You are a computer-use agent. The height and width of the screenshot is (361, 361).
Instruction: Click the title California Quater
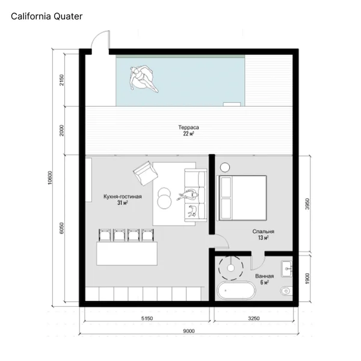[46, 16]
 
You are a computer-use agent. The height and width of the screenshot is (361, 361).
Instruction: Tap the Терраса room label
[188, 128]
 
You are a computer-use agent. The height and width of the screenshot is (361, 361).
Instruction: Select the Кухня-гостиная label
[123, 197]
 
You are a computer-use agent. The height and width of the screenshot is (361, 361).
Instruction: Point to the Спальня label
[263, 232]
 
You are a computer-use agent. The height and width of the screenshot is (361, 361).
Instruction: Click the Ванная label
[264, 276]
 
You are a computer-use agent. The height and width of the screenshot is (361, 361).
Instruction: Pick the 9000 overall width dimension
[189, 331]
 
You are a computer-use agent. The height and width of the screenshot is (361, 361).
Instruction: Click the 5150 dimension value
[147, 318]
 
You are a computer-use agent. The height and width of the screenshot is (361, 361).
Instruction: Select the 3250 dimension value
[254, 318]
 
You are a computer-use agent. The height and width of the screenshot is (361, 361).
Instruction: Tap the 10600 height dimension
[50, 177]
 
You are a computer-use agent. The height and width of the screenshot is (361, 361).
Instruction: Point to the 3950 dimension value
[307, 204]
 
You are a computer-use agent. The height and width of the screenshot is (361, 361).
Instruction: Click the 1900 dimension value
[307, 279]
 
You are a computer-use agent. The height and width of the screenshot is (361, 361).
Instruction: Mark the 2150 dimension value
[62, 80]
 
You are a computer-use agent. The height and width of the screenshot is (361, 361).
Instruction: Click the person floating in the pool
[143, 78]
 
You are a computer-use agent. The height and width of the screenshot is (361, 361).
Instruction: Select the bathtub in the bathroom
[236, 290]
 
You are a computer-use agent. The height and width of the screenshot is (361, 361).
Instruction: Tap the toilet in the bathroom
[286, 291]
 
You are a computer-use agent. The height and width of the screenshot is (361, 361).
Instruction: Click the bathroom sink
[286, 269]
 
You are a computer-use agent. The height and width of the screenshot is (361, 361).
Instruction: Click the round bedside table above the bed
[224, 167]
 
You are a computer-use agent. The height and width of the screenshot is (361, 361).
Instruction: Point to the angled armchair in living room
[146, 173]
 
